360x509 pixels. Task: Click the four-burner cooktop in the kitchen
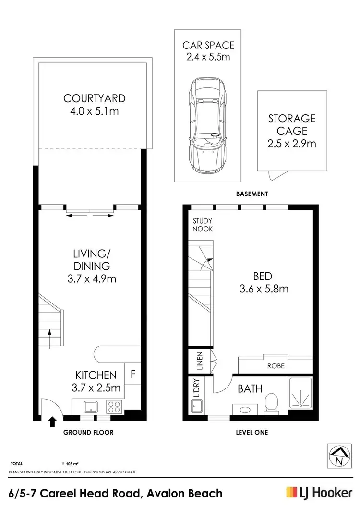pyautogui.click(x=114, y=407)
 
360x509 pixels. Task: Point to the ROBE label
pyautogui.click(x=276, y=365)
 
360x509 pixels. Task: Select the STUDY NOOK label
pyautogui.click(x=203, y=225)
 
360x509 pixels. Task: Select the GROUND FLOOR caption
pyautogui.click(x=88, y=432)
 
